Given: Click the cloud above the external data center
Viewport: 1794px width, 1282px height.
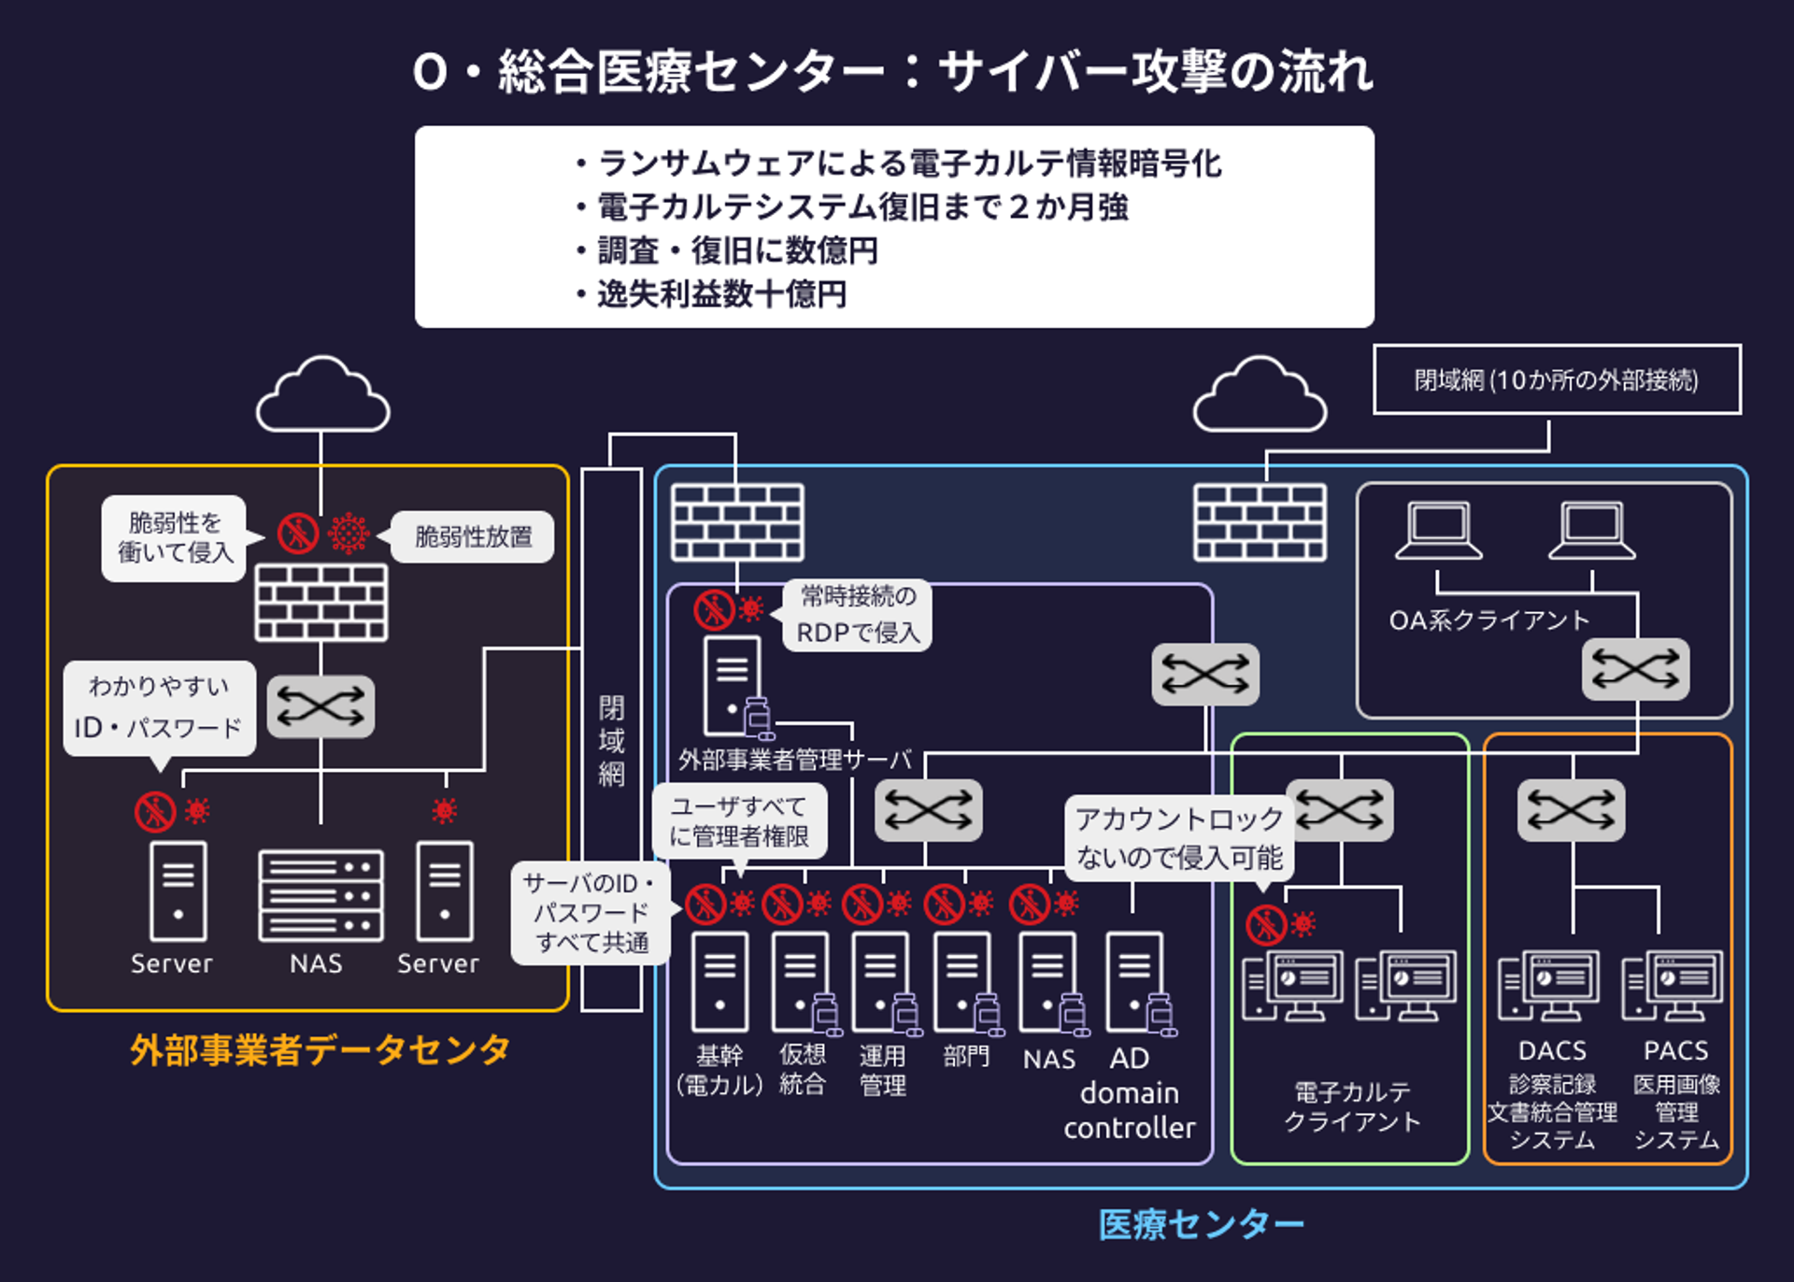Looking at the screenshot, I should [x=322, y=397].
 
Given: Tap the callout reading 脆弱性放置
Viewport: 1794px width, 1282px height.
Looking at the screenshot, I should [x=473, y=536].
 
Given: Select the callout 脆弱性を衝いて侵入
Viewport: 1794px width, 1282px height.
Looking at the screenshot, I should [x=174, y=538].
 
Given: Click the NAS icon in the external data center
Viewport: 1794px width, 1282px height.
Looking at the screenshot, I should [x=320, y=894].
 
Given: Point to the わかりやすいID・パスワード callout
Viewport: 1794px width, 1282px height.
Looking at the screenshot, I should [x=159, y=708].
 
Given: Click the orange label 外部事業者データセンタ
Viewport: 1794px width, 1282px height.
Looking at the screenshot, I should [x=320, y=1049].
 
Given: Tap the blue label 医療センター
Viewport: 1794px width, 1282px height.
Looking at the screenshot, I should [x=1200, y=1223].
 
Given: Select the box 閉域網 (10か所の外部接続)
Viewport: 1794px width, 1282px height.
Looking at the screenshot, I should [x=1556, y=379].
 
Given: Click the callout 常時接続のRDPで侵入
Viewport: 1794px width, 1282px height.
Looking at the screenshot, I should [x=857, y=615].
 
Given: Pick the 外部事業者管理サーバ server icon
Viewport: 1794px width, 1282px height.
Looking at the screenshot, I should [x=733, y=687].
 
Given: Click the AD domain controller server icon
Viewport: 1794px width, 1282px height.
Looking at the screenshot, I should [x=1136, y=981].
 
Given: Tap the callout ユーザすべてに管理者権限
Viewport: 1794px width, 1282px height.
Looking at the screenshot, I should [x=738, y=820].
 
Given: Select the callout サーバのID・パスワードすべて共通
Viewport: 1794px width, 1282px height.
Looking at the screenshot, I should [x=591, y=912].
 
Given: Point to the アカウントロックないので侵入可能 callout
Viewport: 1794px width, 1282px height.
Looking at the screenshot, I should [x=1179, y=838].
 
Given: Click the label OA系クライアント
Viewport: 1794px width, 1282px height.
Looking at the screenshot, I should [x=1488, y=620].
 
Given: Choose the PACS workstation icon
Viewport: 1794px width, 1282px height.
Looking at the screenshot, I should [x=1673, y=986].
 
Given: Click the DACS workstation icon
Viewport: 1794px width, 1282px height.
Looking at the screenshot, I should [x=1548, y=986].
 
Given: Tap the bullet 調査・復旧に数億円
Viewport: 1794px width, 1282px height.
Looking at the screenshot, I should [x=736, y=250].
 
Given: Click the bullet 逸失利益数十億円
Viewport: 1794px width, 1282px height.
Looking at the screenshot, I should [x=720, y=294].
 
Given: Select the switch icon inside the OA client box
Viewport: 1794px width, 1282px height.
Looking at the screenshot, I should [x=1635, y=669].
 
